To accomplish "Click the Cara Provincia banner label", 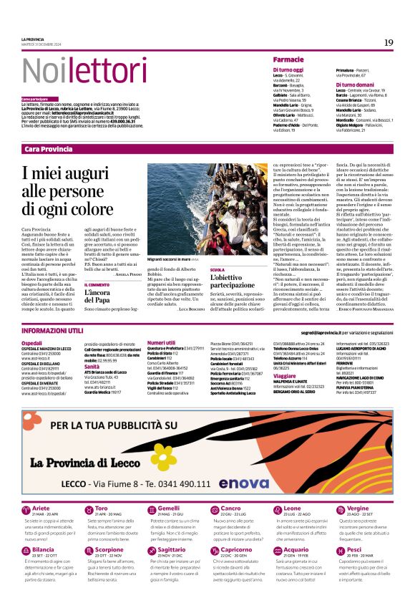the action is [48, 149].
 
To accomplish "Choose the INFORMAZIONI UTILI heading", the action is [52, 331].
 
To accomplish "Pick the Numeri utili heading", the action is [161, 343].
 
